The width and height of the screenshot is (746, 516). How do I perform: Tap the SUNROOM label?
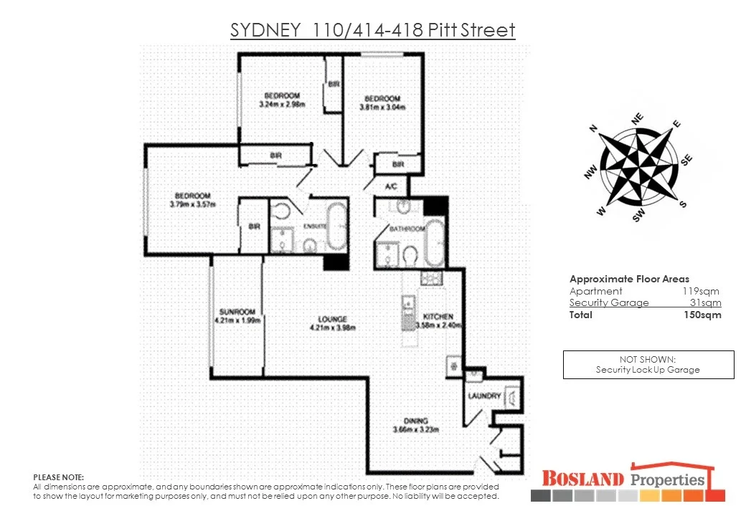(237, 312)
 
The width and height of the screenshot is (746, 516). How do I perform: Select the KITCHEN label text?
(438, 317)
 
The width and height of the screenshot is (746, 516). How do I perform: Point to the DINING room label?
(415, 421)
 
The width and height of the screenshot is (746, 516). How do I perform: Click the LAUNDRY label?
(483, 396)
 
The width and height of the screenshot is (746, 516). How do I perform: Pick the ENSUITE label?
(313, 224)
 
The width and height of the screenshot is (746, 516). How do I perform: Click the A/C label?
(392, 186)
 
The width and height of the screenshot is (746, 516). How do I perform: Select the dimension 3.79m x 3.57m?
(192, 204)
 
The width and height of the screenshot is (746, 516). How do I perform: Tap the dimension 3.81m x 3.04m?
(382, 107)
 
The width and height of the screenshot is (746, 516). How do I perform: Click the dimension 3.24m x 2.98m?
(282, 105)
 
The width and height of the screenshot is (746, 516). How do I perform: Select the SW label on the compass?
(638, 215)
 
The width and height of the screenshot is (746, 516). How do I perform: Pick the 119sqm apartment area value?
(700, 291)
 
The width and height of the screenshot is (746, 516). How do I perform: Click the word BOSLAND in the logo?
(582, 478)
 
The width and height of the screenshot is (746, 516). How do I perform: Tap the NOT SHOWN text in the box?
(648, 359)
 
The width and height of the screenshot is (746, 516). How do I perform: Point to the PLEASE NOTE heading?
(59, 477)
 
